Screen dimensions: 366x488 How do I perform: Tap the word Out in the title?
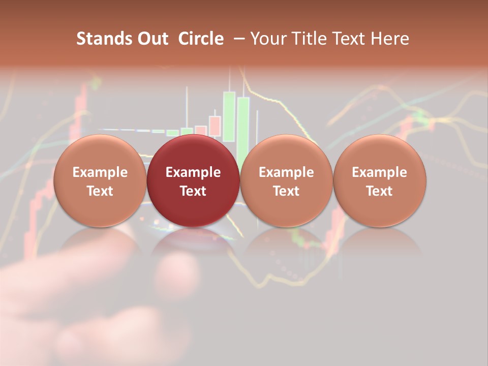click(152, 39)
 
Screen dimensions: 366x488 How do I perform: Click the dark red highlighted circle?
click(193, 180)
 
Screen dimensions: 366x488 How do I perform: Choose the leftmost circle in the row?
click(100, 180)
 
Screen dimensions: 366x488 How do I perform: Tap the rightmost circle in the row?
click(380, 180)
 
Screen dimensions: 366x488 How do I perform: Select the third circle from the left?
click(286, 180)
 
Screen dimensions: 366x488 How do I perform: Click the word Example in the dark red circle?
click(193, 172)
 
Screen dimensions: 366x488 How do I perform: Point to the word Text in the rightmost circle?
click(380, 191)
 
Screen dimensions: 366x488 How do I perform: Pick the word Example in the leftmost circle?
click(100, 172)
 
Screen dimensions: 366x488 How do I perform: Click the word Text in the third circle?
click(286, 191)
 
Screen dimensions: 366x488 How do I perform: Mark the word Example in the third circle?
click(286, 172)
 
